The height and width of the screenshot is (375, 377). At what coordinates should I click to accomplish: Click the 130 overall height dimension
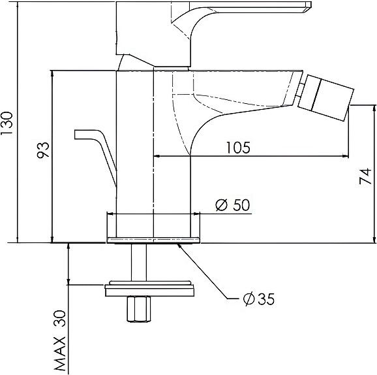[7, 123]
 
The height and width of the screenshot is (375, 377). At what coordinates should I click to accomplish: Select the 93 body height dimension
[43, 150]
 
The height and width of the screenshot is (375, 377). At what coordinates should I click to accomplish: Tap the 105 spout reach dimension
[238, 148]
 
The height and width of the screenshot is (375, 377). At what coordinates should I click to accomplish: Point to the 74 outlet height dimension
[365, 176]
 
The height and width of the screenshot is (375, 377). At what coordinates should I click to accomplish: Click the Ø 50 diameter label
[233, 205]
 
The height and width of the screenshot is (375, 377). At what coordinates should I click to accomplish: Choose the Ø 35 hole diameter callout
[259, 299]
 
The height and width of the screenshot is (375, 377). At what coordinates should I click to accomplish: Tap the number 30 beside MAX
[60, 318]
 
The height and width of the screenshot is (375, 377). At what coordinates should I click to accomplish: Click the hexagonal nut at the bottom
[138, 309]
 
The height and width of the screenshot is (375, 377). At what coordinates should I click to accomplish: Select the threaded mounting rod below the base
[139, 262]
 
